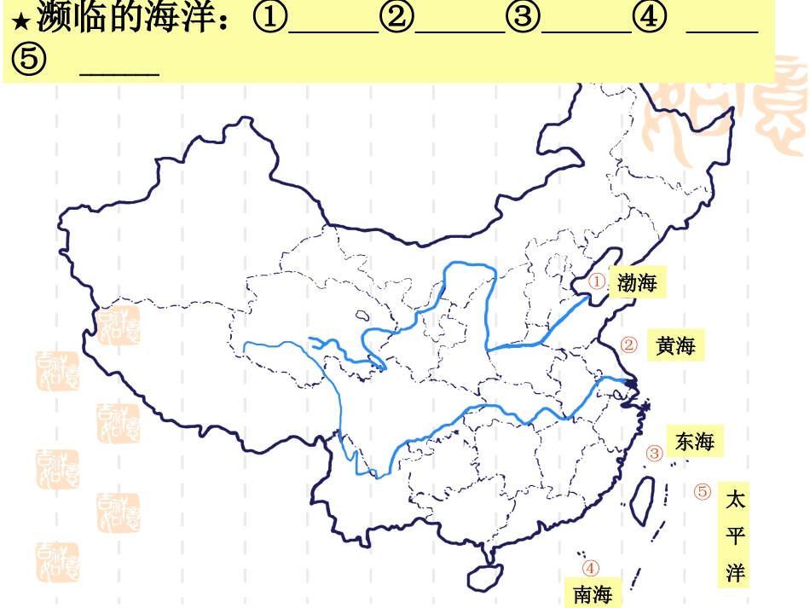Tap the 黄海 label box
676,345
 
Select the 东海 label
694,442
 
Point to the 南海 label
593,594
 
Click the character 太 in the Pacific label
735,500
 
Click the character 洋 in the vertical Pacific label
735,572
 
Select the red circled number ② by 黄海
629,345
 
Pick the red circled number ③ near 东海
654,454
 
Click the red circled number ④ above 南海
590,568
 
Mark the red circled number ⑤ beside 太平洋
703,492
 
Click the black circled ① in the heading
270,19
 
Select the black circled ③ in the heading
521,19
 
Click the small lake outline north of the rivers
362,315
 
